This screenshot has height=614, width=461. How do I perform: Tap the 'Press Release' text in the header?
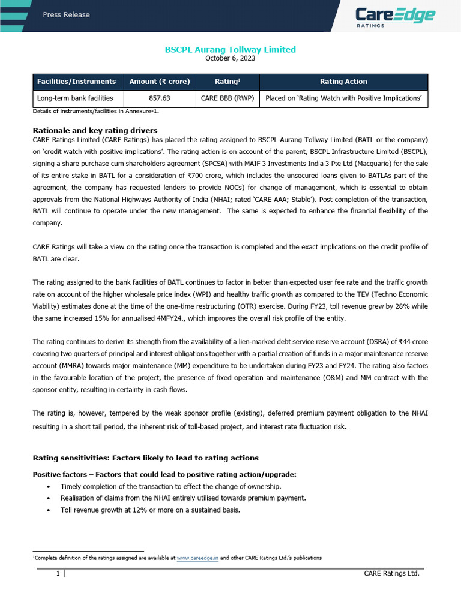pos(66,14)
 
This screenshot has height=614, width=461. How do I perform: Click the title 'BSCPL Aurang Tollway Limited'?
pos(230,49)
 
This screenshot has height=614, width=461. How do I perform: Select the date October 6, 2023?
pos(230,58)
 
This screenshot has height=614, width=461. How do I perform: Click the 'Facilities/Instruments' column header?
pos(76,82)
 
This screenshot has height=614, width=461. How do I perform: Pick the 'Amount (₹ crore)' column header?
pos(160,82)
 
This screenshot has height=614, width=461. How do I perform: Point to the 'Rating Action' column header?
pos(343,82)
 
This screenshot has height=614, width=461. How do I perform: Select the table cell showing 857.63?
pos(160,98)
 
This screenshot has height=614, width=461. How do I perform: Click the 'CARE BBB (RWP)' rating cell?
pos(227,98)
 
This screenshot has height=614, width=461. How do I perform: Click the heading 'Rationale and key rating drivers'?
pos(95,130)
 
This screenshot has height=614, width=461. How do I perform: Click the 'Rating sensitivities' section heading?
pos(145,458)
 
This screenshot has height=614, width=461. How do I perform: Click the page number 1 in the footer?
pos(58,574)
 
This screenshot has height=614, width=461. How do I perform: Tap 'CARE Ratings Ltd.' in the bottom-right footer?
pos(391,574)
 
